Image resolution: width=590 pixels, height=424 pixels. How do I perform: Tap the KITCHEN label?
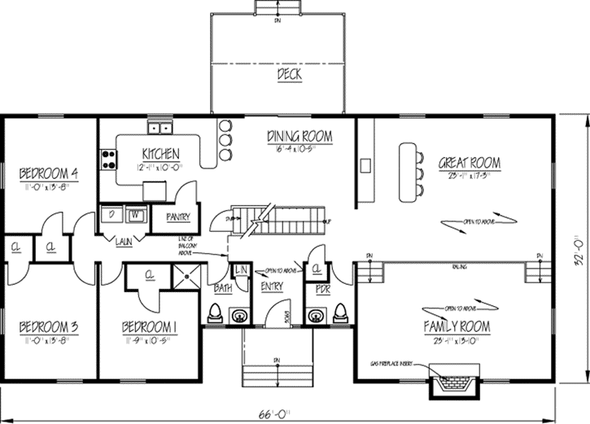160,154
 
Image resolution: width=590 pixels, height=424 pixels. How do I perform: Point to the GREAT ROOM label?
470,163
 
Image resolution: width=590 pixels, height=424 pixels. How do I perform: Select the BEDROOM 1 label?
150,327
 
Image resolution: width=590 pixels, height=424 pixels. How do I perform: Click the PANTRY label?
177,217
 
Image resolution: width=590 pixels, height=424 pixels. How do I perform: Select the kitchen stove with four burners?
106,158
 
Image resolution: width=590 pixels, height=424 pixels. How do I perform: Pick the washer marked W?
134,215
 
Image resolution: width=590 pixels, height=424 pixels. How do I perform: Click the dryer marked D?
111,215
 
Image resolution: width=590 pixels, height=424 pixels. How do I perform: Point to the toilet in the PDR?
340,313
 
